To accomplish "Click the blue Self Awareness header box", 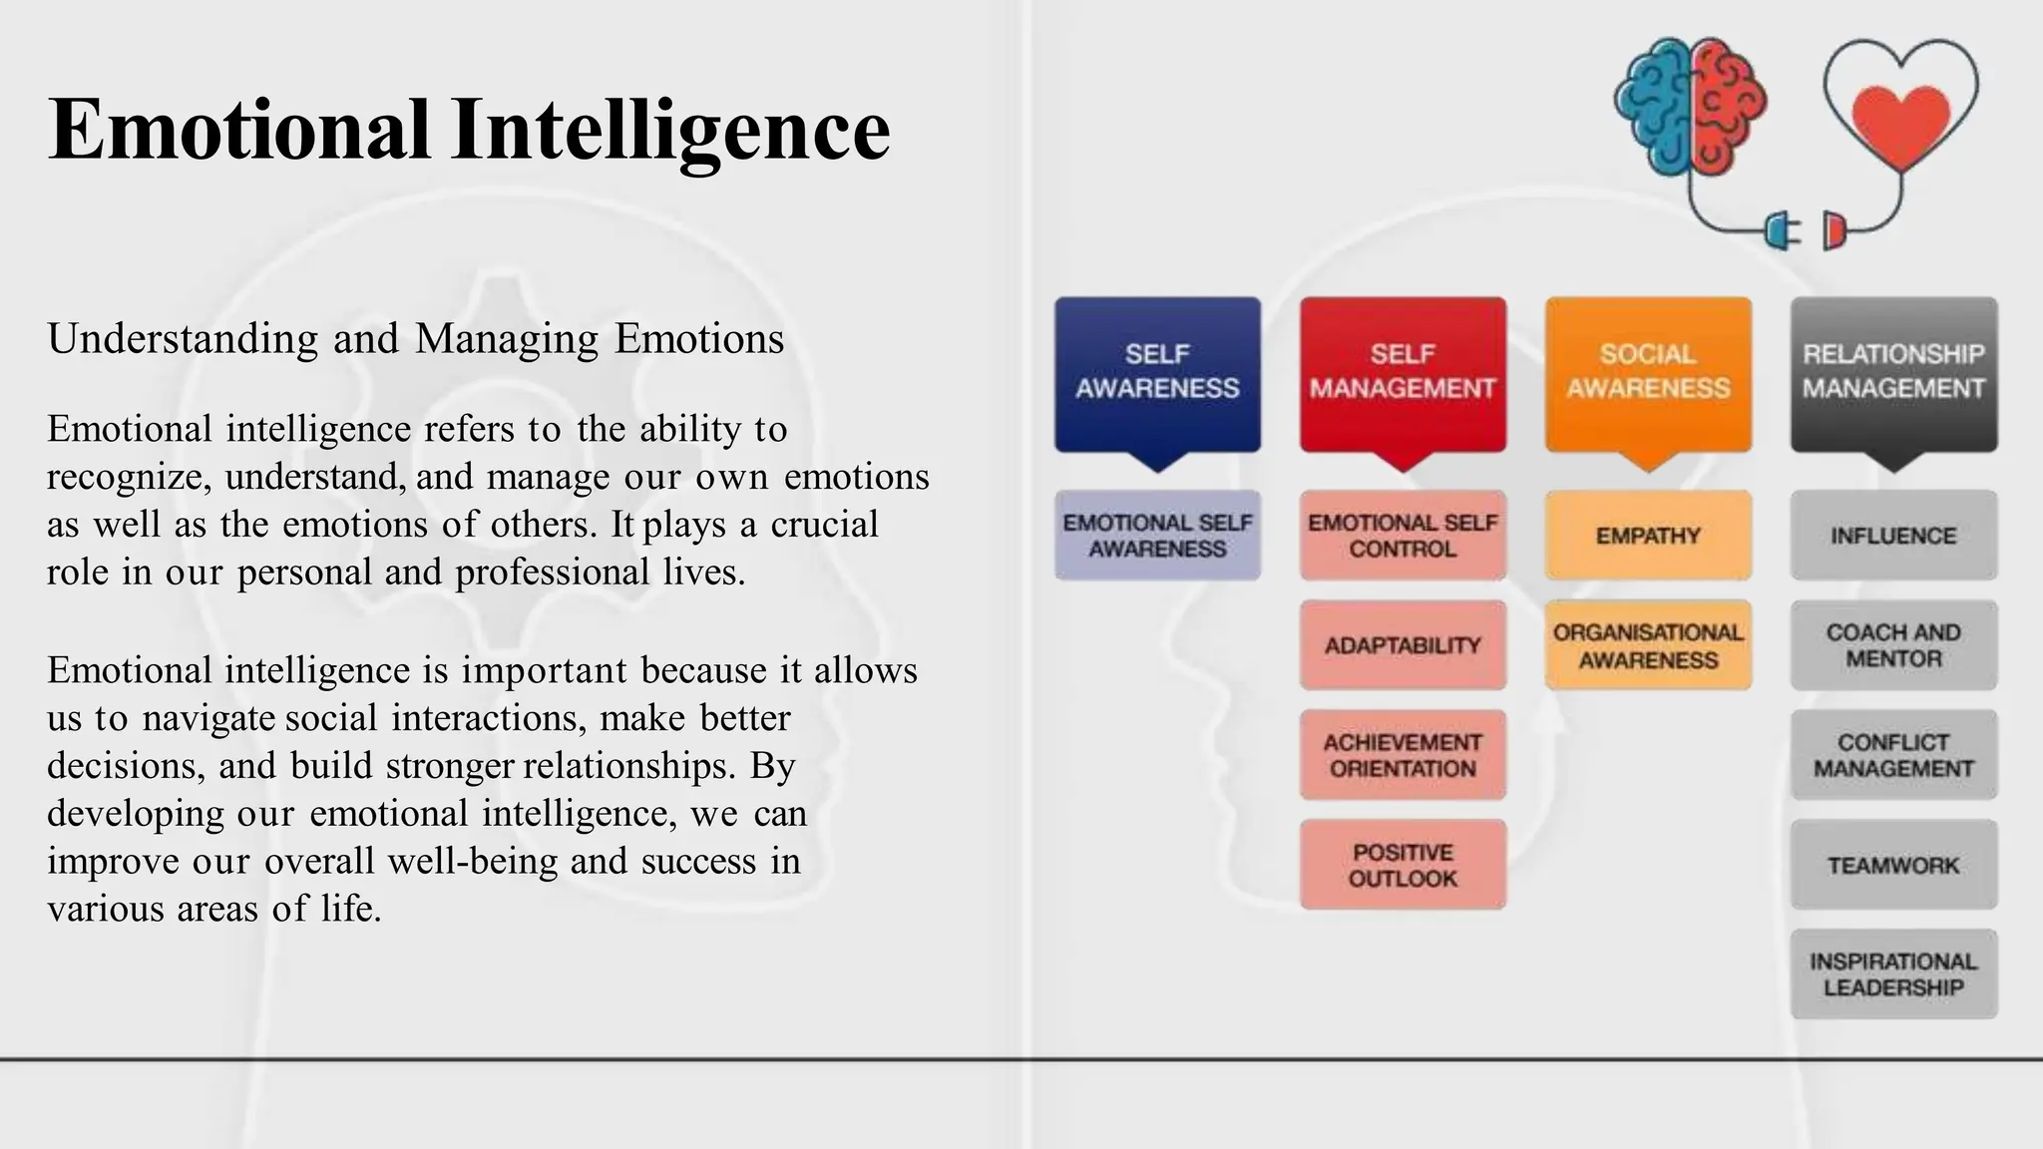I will pos(1157,373).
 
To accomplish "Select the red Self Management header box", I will pos(1403,373).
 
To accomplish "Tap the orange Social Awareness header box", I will pos(1648,373).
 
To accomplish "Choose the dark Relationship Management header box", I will pos(1893,373).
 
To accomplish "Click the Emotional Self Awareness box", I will pos(1157,536).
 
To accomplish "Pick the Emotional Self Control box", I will pos(1403,536).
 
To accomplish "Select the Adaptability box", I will pos(1403,645).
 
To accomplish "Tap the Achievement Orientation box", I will pos(1403,755).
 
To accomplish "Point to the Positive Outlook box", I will pos(1403,865).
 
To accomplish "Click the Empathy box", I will pos(1648,536).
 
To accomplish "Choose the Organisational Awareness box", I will pos(1648,645).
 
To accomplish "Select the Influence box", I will pos(1893,536).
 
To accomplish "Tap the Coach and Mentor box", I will pos(1893,645).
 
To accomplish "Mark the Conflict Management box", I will pos(1893,755).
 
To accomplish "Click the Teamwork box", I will pos(1893,865).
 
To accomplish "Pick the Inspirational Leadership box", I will pos(1893,974).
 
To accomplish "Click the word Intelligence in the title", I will pos(669,130).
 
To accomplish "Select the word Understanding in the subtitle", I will pos(183,339).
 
